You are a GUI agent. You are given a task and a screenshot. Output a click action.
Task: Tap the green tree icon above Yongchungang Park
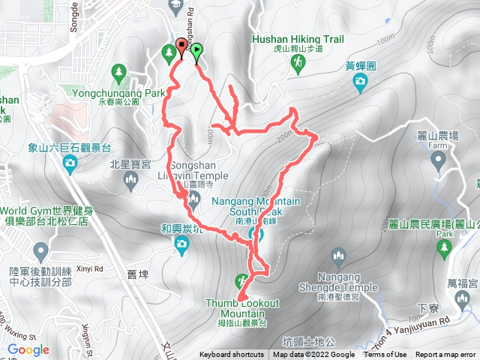(118, 72)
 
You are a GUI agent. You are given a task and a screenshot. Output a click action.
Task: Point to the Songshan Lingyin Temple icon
(193, 199)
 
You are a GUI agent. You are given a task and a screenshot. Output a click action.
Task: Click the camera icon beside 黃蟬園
(361, 81)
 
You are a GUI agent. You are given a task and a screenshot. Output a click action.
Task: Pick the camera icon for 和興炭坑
(181, 242)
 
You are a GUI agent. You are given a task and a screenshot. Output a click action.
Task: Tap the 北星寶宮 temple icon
(131, 178)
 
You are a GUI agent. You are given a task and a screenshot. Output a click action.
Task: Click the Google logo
(28, 349)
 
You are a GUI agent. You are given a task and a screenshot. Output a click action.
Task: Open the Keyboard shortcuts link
(231, 355)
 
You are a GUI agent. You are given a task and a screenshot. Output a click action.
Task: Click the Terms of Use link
(385, 355)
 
